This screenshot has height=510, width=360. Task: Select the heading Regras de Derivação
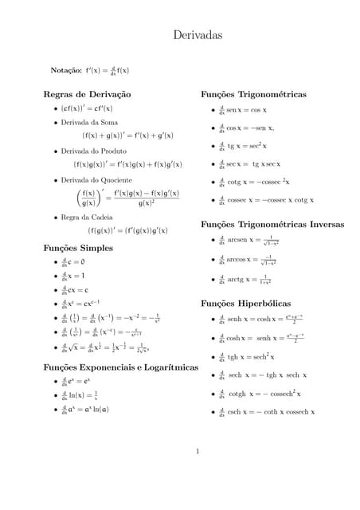tap(87, 94)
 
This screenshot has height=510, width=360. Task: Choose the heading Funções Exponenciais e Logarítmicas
tap(120, 367)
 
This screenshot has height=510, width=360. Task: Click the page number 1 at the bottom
tap(198, 452)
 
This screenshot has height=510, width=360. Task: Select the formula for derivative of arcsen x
tap(253, 240)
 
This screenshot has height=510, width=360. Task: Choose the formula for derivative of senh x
tap(259, 321)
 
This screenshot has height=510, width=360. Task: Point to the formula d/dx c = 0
tap(73, 261)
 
